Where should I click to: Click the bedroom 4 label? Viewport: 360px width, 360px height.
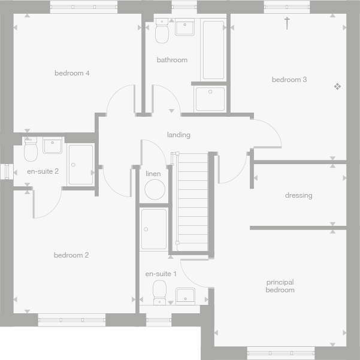click(x=72, y=73)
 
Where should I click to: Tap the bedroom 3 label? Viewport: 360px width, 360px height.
click(x=289, y=80)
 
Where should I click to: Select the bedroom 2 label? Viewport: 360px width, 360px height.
click(x=71, y=255)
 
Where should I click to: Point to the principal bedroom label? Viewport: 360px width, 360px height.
click(x=280, y=286)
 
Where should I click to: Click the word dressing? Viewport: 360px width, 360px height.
click(x=298, y=195)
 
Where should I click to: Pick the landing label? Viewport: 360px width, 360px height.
click(x=179, y=135)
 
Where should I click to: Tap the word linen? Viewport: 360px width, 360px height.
click(x=153, y=174)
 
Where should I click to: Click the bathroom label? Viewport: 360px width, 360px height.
click(x=172, y=60)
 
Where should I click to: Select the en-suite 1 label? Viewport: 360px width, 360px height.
click(x=161, y=274)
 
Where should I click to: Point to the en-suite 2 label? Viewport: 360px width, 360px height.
click(x=43, y=171)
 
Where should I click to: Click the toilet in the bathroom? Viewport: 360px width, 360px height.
click(x=161, y=32)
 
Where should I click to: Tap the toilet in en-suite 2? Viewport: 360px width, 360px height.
click(x=31, y=150)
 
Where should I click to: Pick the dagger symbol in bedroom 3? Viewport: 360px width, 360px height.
click(x=287, y=23)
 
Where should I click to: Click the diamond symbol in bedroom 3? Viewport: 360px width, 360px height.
click(x=337, y=87)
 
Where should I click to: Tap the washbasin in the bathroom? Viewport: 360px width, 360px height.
click(x=185, y=28)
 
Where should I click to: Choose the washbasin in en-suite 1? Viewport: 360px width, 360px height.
click(x=185, y=295)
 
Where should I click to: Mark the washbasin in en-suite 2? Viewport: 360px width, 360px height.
click(x=53, y=146)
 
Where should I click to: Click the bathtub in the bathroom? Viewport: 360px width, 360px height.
click(x=213, y=50)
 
